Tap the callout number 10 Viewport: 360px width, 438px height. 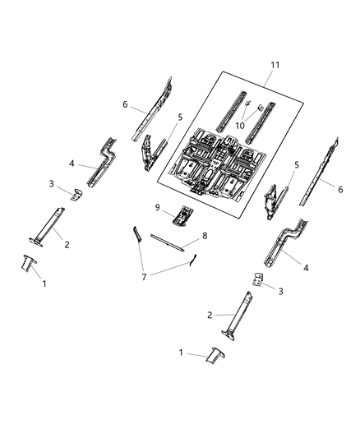[240, 125]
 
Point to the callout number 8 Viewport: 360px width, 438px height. [205, 236]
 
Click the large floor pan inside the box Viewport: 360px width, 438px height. [214, 160]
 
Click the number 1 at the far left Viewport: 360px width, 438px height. [44, 283]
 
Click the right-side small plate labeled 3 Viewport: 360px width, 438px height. [259, 279]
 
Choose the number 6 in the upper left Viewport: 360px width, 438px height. [125, 104]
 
